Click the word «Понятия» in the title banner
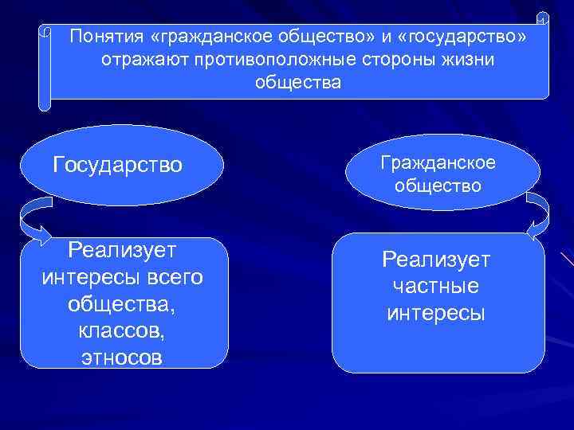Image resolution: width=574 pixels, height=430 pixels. click(101, 36)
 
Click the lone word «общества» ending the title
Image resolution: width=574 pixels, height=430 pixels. click(297, 83)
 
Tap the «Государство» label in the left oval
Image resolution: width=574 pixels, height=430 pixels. click(117, 165)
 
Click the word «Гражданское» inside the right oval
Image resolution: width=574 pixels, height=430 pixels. click(438, 162)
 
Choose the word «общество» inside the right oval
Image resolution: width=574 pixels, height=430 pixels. click(438, 186)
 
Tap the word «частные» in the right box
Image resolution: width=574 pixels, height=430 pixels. click(437, 286)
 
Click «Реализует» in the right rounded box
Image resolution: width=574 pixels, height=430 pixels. click(437, 259)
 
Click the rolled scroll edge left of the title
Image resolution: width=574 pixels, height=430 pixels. click(45, 68)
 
